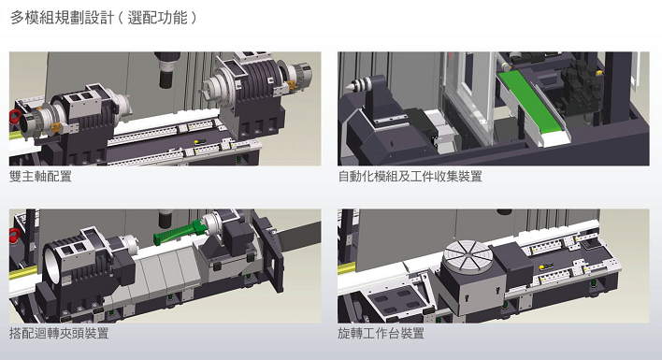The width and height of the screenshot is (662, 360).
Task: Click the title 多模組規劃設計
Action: coord(62,18)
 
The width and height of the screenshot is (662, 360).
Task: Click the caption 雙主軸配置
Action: coord(40,176)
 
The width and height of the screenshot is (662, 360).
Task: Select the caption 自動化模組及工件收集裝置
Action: coord(410,176)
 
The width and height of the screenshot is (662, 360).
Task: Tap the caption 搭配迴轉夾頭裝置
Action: coord(59,334)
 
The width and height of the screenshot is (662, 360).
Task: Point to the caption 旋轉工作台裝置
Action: coord(381,334)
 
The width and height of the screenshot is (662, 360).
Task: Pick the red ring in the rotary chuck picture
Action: coord(14,236)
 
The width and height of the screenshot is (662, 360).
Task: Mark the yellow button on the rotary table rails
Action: coord(541,266)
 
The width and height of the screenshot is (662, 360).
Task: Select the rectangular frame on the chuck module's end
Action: coord(269,252)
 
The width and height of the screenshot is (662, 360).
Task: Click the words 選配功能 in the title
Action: coord(157,18)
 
